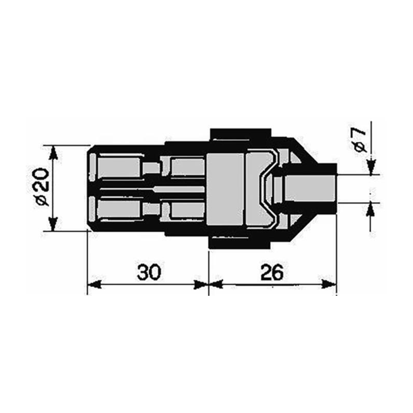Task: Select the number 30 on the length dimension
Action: (149, 272)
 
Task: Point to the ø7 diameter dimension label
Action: (361, 140)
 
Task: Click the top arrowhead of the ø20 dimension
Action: (52, 151)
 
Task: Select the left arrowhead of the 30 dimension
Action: (94, 284)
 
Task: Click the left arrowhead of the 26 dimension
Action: (216, 284)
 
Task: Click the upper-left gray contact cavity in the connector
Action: (119, 168)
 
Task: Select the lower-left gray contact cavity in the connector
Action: (119, 209)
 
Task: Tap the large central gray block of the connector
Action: (225, 189)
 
